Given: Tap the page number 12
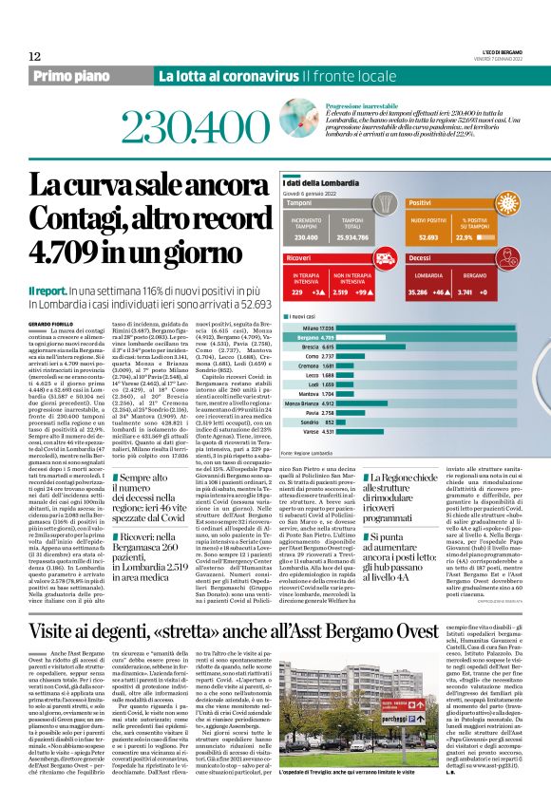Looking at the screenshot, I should (x=35, y=57).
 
